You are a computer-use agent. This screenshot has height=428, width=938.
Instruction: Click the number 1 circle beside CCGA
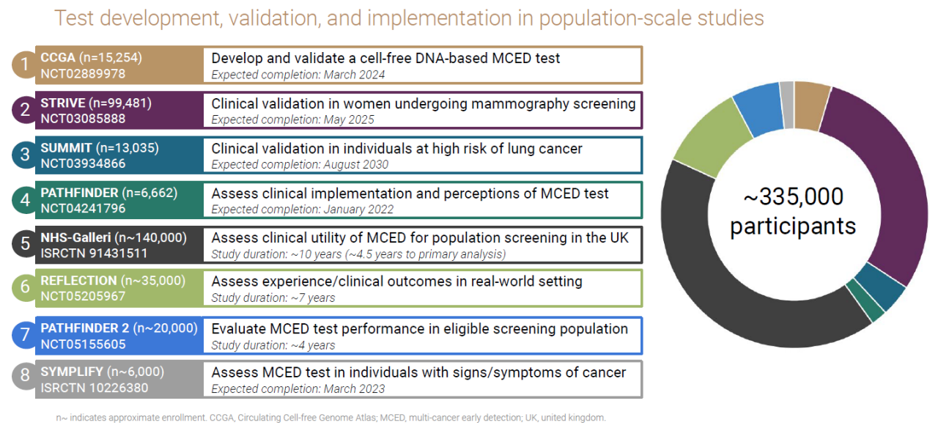pos(25,64)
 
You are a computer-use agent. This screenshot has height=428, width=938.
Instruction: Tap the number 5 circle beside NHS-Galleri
pos(25,244)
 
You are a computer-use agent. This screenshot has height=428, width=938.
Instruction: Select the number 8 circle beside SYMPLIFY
pos(25,375)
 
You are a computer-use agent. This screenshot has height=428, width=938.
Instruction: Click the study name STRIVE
pos(63,103)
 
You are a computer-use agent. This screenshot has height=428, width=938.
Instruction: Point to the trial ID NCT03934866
pos(83,163)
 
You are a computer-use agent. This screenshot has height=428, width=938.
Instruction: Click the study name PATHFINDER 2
pos(84,328)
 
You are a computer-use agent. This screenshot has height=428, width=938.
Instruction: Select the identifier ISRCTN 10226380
pos(95,388)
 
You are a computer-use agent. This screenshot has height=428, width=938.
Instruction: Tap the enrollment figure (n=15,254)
pos(111,57)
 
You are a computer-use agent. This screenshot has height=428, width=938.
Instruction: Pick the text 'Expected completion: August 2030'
pos(300,165)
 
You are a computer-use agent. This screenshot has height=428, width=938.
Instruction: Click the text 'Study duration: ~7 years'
pos(273,298)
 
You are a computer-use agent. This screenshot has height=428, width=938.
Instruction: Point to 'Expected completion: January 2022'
pos(303,210)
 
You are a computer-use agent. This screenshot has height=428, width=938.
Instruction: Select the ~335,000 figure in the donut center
pos(793,196)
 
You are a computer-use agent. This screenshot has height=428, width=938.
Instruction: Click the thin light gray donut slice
pos(787,105)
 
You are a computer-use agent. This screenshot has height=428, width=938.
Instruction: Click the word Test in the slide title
pos(74,18)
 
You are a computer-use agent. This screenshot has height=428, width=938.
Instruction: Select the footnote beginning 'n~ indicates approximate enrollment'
pos(330,418)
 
